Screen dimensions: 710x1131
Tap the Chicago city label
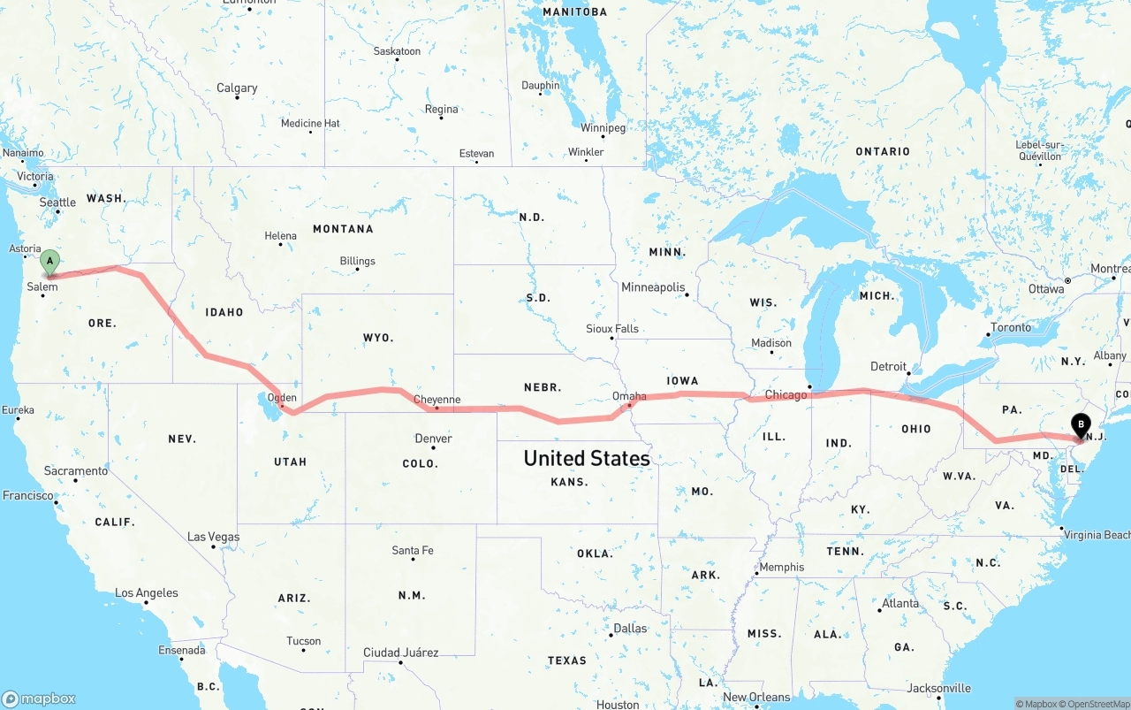tap(786, 394)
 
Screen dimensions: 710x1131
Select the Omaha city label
tap(629, 396)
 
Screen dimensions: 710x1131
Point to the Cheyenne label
tap(436, 400)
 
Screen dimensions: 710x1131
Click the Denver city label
tap(433, 439)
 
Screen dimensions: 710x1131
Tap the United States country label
tap(587, 458)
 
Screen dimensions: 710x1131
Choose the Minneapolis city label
tap(653, 287)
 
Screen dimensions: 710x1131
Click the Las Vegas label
tap(213, 537)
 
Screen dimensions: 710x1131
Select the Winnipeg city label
tap(603, 128)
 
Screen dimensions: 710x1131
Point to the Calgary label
tap(237, 88)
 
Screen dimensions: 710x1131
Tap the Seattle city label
tap(57, 202)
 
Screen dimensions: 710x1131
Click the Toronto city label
tap(1011, 327)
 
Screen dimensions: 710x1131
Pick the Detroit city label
tap(888, 367)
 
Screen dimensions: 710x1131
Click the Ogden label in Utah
tap(282, 398)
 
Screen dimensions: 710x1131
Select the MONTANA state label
tap(343, 229)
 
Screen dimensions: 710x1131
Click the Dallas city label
tap(630, 629)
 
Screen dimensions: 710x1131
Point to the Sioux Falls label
tap(612, 329)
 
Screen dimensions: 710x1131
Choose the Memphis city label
tap(781, 567)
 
